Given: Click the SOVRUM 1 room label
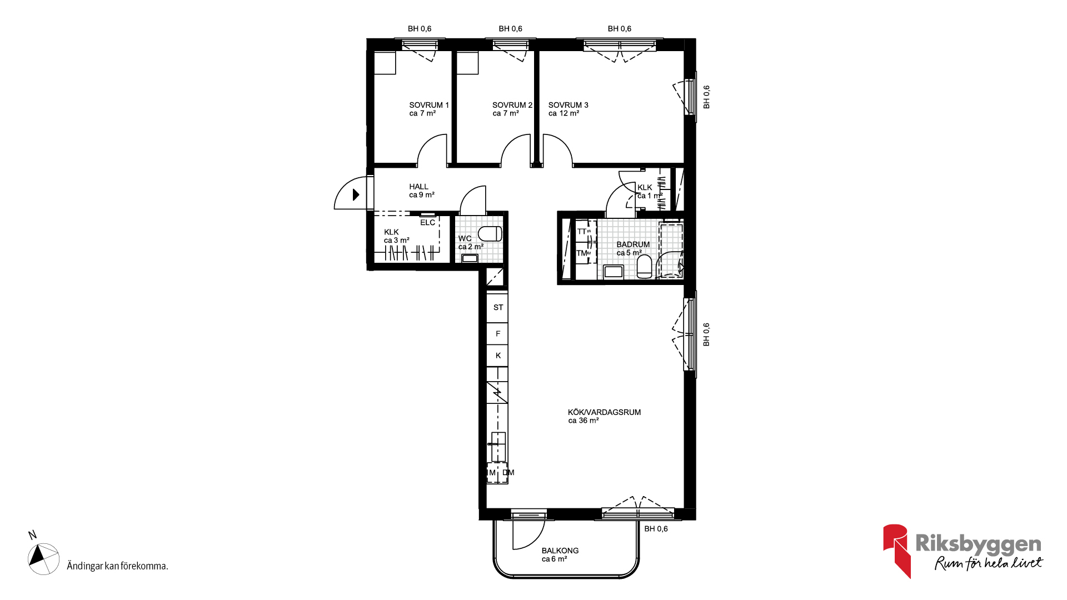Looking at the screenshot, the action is point(429,105).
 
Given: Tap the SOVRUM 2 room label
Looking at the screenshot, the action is point(512,105).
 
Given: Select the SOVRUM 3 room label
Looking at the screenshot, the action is point(568,105).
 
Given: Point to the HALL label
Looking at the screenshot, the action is point(419,187).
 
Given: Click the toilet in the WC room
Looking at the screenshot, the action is point(490,233).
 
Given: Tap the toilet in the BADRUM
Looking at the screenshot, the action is point(644,267).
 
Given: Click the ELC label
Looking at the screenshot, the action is point(427,223).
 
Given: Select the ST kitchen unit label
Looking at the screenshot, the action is point(498,307).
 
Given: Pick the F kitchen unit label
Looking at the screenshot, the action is point(498,333).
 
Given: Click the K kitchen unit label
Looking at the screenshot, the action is point(498,356).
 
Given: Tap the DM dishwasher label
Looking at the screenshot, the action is point(508,473).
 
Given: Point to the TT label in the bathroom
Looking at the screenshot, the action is point(582,232).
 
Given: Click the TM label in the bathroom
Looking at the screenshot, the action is point(582,253).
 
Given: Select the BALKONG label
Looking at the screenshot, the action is point(560,551).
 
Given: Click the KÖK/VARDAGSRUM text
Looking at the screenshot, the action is point(604,412).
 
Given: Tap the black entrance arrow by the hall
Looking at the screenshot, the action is point(356,194).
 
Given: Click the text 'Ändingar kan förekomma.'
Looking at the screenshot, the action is point(117,566).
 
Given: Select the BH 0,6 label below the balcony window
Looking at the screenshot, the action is point(656,529).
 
